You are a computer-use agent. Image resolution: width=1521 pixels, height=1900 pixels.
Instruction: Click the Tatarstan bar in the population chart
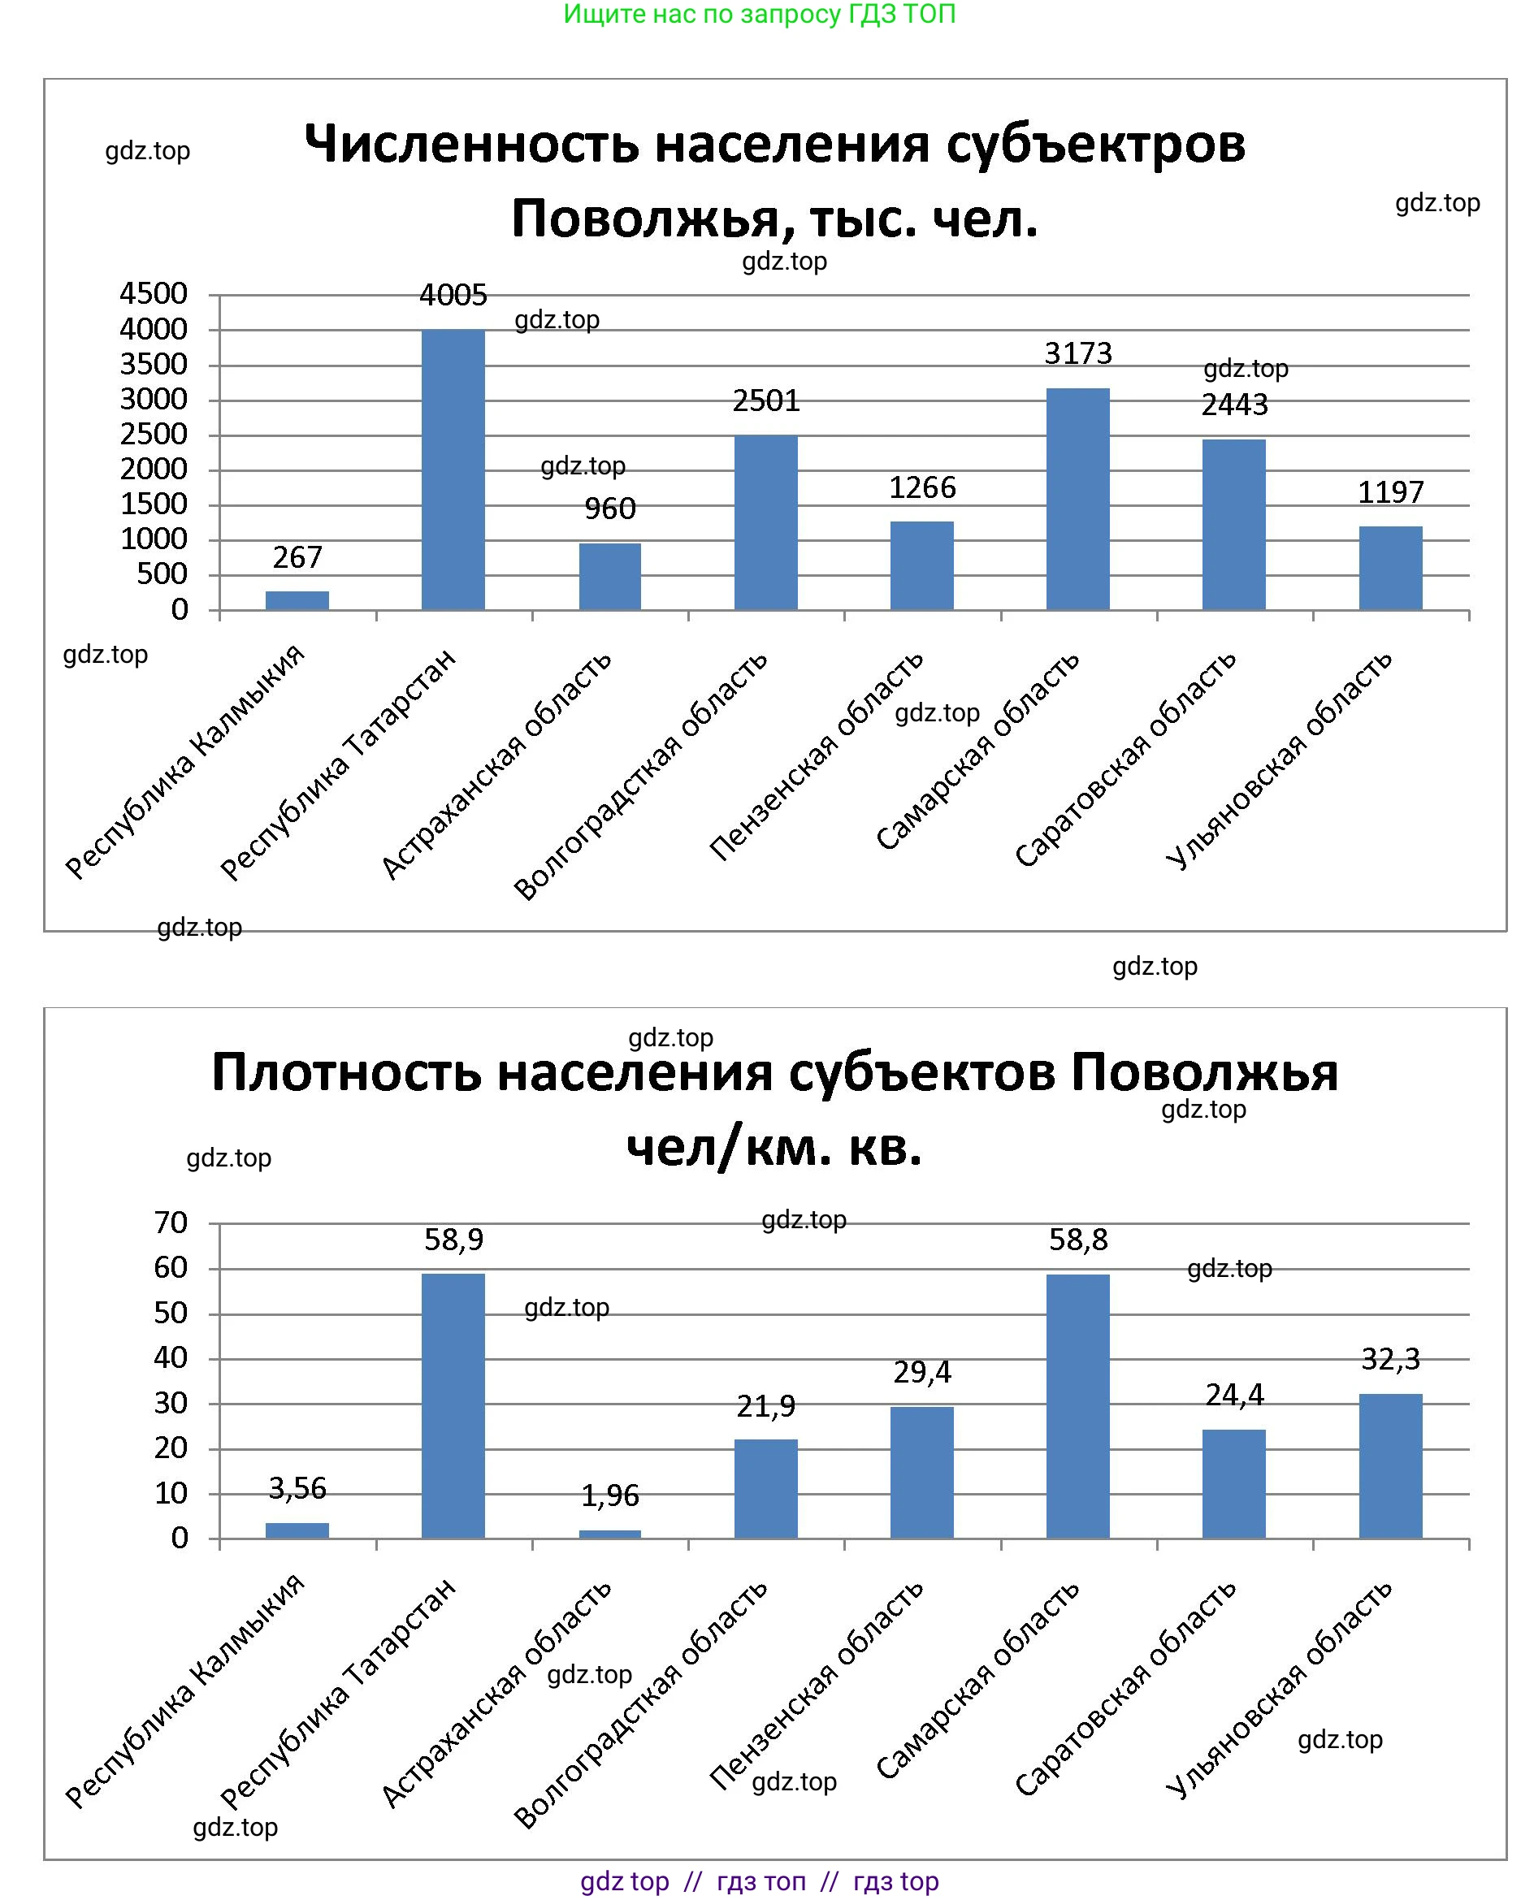pos(453,470)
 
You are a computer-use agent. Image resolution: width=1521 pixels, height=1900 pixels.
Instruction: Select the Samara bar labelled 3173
pos(1077,499)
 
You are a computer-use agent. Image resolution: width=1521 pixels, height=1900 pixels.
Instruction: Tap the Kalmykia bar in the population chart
pos(297,600)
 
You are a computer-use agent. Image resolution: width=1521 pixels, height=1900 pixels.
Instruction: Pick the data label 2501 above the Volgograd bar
pos(766,401)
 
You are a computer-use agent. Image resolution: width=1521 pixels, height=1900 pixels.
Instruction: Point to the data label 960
pos(610,509)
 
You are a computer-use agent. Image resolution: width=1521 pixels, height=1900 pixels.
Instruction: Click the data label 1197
pos(1389,492)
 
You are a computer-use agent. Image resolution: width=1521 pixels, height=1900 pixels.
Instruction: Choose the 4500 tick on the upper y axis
pos(154,293)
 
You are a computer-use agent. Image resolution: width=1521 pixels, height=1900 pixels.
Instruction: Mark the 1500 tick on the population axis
pos(154,504)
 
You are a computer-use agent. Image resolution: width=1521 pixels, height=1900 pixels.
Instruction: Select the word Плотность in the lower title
pos(346,1072)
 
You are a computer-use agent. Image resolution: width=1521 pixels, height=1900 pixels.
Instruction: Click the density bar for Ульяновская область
pos(1389,1466)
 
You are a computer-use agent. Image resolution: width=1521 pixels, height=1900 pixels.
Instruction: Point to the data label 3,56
pos(297,1488)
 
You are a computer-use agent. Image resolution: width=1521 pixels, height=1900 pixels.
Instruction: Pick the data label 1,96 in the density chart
pos(610,1495)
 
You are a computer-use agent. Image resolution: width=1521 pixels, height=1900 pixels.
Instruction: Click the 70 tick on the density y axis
pos(171,1223)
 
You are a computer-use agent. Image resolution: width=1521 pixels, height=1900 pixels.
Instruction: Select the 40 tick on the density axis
pos(171,1357)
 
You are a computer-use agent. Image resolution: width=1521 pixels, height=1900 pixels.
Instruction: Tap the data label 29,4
pos(921,1372)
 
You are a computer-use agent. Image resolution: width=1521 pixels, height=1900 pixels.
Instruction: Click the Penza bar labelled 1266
pos(921,565)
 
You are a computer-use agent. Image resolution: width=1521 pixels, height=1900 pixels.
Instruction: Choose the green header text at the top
pos(760,14)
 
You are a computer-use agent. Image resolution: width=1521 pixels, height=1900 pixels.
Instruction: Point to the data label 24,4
pos(1233,1395)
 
